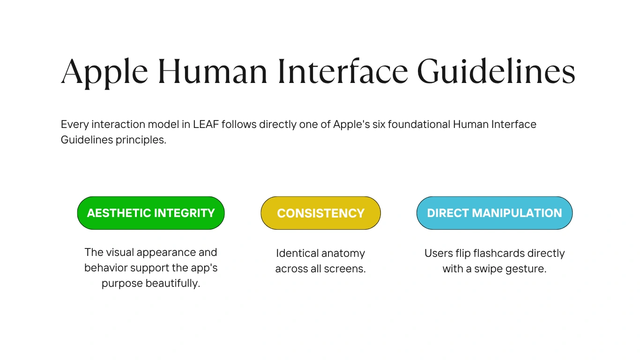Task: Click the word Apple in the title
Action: click(104, 73)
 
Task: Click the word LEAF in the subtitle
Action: click(206, 124)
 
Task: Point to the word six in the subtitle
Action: click(379, 124)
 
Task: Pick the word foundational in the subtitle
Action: click(419, 124)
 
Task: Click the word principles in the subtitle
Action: click(141, 140)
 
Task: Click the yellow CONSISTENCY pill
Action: click(320, 213)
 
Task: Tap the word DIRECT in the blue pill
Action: click(448, 213)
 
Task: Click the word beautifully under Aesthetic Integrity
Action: click(172, 284)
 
